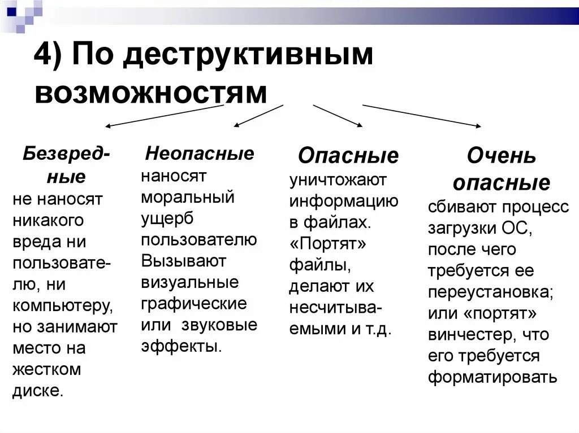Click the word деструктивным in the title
pos(249,58)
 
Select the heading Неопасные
pos(200,153)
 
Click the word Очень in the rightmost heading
pos(501,156)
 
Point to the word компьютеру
pos(62,305)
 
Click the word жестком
pos(47,369)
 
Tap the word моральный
pos(188,198)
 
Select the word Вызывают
pos(184,261)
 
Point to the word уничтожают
pos(338,180)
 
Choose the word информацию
pos(344,201)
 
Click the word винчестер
pos(472,334)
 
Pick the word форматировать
pos(492,377)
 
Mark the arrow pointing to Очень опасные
pos(421,116)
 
